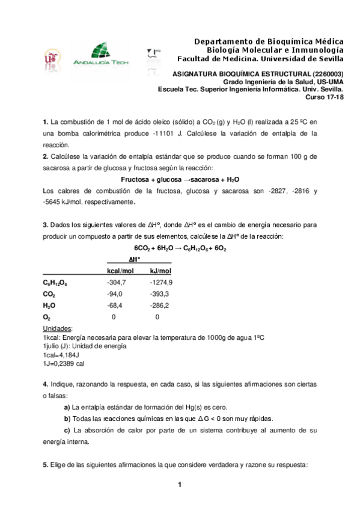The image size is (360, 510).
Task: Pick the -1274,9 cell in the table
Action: [x=161, y=282]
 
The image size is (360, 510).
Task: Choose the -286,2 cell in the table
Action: [x=159, y=305]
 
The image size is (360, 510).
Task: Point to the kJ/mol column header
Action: [x=160, y=271]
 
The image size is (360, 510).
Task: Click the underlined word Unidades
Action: [x=58, y=328]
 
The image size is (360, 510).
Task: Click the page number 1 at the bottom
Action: [x=179, y=485]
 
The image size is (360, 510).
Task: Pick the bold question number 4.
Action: [x=46, y=384]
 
